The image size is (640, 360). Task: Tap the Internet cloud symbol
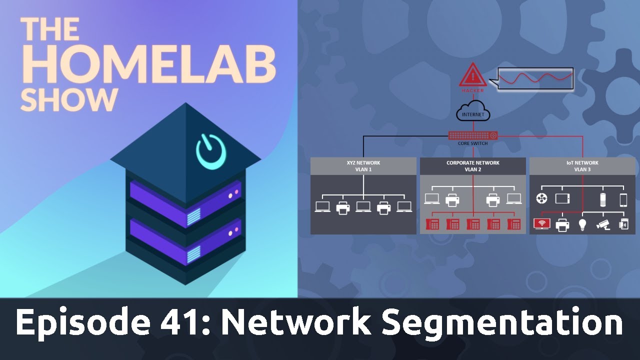tap(472, 111)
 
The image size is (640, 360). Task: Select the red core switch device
tap(472, 135)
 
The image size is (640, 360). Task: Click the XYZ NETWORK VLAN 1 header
tap(363, 166)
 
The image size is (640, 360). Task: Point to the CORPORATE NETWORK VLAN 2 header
tap(472, 166)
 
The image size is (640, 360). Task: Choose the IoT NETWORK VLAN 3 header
tap(582, 166)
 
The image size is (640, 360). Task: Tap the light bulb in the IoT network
tap(582, 224)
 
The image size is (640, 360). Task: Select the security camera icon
tap(603, 225)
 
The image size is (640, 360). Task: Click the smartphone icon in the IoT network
tap(623, 199)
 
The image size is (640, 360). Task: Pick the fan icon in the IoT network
tap(541, 199)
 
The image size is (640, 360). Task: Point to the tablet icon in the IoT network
tap(562, 199)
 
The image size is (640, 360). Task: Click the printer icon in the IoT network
tap(562, 225)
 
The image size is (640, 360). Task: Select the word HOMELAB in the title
tap(148, 65)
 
